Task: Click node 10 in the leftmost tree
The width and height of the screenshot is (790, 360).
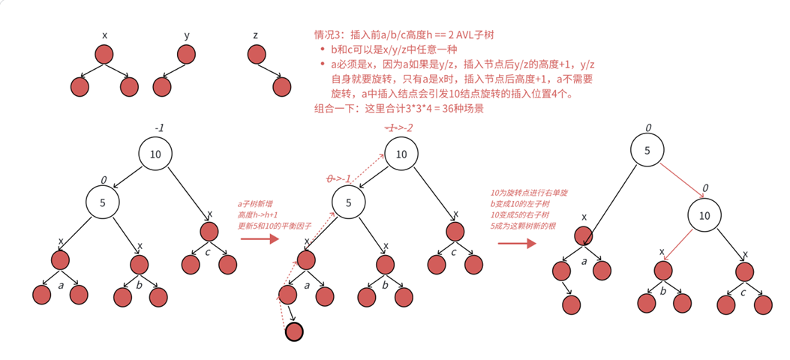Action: (x=155, y=154)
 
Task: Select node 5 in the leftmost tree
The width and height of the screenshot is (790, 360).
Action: (x=103, y=202)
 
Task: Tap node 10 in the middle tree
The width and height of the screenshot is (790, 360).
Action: (x=401, y=154)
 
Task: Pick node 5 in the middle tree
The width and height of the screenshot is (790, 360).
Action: (x=348, y=202)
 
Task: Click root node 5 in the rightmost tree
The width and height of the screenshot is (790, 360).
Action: (x=647, y=151)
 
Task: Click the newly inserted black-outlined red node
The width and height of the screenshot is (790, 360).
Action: (x=294, y=331)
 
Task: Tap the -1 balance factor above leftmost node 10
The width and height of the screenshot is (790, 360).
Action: (x=159, y=128)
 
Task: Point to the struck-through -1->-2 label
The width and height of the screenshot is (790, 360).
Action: (x=398, y=128)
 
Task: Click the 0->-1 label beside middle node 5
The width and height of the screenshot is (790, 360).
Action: (x=338, y=179)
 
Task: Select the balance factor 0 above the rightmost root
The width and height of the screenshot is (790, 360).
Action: (x=648, y=127)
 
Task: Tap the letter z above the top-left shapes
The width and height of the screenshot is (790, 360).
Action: (x=256, y=35)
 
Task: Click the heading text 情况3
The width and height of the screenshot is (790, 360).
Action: (x=328, y=35)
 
